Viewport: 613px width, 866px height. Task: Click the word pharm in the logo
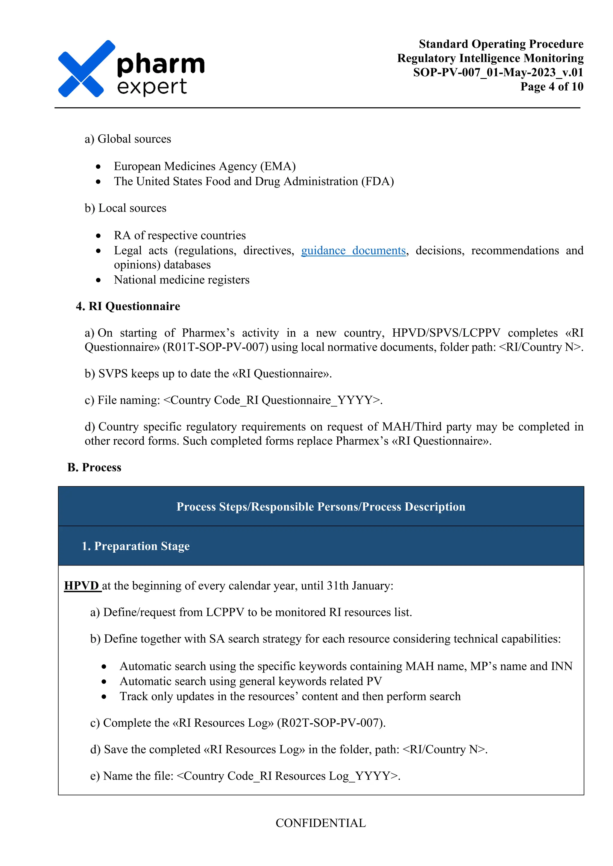click(x=161, y=65)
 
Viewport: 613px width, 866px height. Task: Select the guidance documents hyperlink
click(x=353, y=251)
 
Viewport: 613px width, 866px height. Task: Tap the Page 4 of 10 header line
click(x=551, y=87)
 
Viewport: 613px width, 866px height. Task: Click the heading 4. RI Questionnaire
click(x=128, y=306)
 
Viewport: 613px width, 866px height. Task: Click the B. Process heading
click(x=94, y=467)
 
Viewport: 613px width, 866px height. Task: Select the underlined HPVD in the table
click(x=81, y=586)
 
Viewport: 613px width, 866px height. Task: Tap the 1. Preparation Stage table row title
click(x=136, y=546)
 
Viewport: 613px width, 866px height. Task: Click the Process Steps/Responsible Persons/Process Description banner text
click(x=321, y=507)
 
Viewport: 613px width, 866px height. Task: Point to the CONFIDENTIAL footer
click(x=321, y=823)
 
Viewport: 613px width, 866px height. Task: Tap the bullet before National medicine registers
click(x=98, y=280)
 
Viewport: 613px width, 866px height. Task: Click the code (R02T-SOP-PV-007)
click(x=331, y=723)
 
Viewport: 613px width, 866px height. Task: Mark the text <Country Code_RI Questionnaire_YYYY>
click(x=272, y=400)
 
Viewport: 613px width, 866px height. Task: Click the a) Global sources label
click(x=128, y=139)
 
